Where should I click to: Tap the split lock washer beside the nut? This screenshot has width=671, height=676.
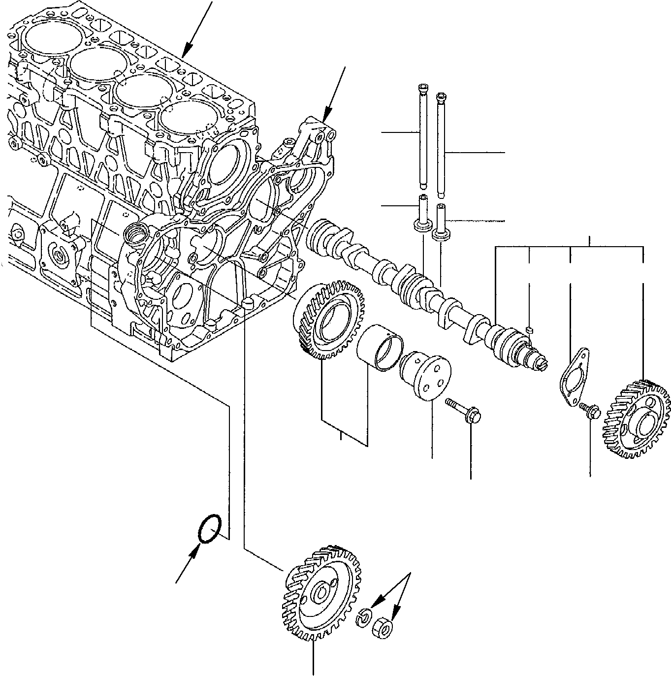coord(364,617)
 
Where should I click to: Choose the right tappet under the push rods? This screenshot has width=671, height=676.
coord(441,222)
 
